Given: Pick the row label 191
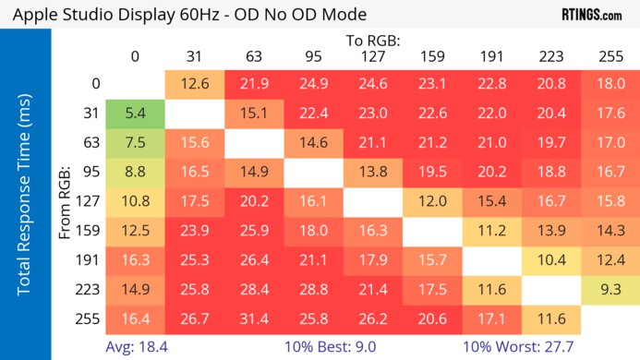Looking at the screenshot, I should tap(91, 260).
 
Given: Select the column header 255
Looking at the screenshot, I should tap(610, 57).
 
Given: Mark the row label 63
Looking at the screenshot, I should tap(91, 143).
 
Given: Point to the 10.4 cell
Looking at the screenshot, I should tap(551, 260).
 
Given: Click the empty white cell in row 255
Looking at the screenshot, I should tap(610, 318).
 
